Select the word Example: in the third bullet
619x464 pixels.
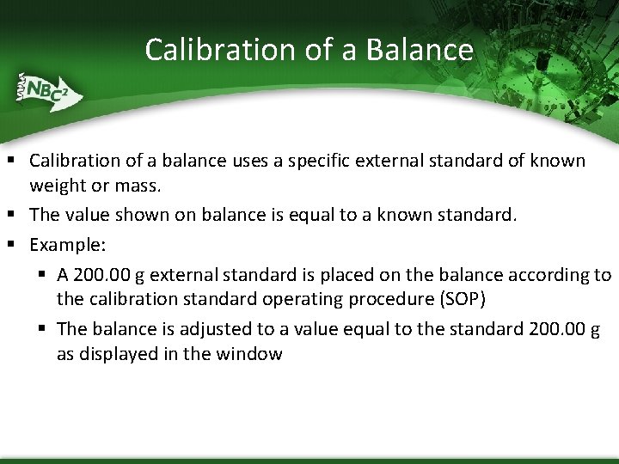click(68, 245)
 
